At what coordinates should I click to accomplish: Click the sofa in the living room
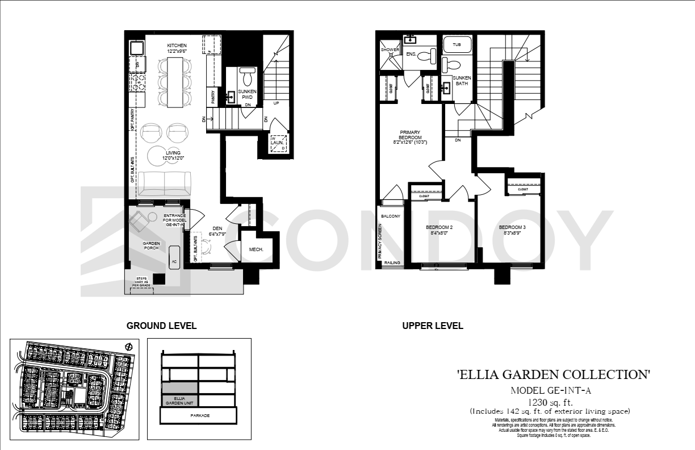165,183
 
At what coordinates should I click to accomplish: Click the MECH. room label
256,249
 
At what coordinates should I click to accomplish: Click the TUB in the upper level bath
457,44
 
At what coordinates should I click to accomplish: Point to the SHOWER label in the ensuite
390,50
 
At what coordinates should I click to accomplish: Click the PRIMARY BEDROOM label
410,137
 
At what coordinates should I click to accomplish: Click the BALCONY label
391,216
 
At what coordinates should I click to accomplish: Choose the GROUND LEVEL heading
161,326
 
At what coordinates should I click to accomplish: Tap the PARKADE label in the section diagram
199,416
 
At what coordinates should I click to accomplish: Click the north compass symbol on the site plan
128,347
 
